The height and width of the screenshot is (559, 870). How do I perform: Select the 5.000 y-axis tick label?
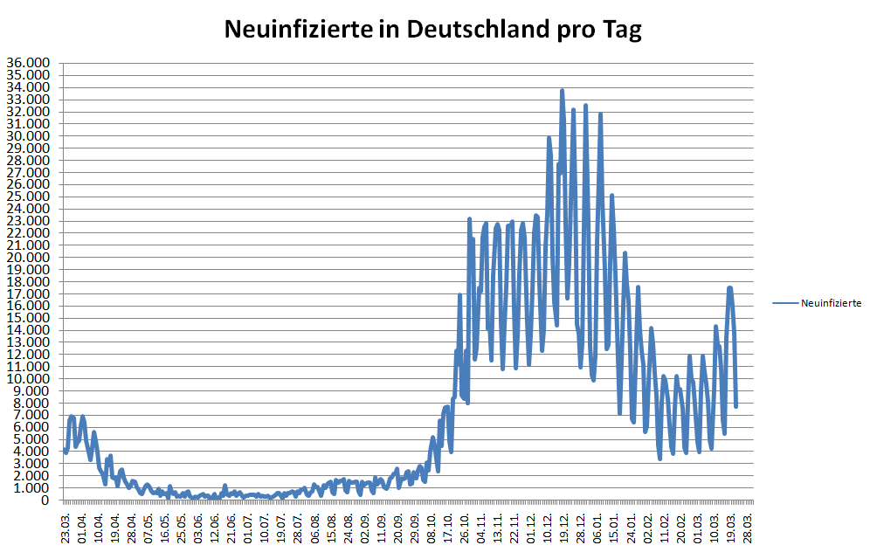coord(31,439)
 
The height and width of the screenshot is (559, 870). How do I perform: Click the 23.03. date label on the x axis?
coord(66,529)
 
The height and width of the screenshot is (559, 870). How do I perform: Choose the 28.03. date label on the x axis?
coord(749,529)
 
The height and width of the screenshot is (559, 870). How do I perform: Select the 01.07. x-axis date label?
coord(249,529)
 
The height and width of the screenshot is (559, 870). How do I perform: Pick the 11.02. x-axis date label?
coord(666,529)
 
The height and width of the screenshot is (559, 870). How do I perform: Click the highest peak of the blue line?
coord(562,90)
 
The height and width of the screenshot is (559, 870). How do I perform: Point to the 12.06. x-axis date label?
coord(216,529)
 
